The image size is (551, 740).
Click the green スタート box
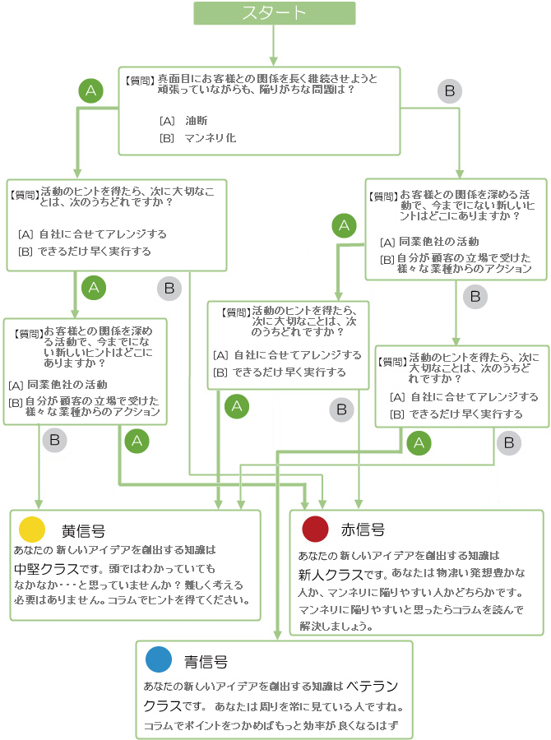tap(274, 13)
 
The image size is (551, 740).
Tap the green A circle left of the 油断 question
tap(91, 91)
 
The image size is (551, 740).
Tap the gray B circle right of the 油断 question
tap(449, 91)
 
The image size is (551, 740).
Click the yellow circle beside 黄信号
tap(31, 529)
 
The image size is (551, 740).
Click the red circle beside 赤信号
tap(316, 529)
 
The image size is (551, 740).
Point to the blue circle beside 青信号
tap(159, 660)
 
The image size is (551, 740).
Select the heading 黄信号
tap(83, 530)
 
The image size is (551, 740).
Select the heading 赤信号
tap(363, 530)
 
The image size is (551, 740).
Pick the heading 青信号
tap(206, 661)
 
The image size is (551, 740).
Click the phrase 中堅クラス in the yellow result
tap(46, 568)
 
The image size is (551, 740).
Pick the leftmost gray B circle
tap(54, 440)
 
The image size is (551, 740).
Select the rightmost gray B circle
tap(509, 443)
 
